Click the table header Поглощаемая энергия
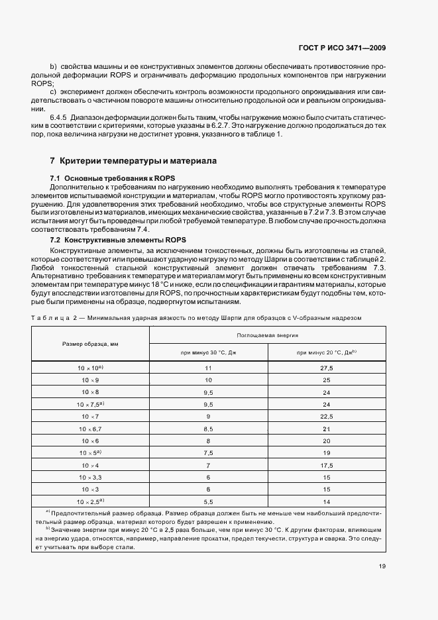point(268,336)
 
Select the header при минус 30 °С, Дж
point(208,352)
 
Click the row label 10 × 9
point(90,380)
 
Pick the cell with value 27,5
point(327,367)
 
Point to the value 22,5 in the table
point(327,416)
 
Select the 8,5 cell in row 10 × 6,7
point(208,428)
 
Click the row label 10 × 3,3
point(90,477)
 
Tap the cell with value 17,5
point(327,465)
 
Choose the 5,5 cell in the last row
point(208,501)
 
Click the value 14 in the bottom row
point(327,501)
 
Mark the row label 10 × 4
point(90,465)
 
